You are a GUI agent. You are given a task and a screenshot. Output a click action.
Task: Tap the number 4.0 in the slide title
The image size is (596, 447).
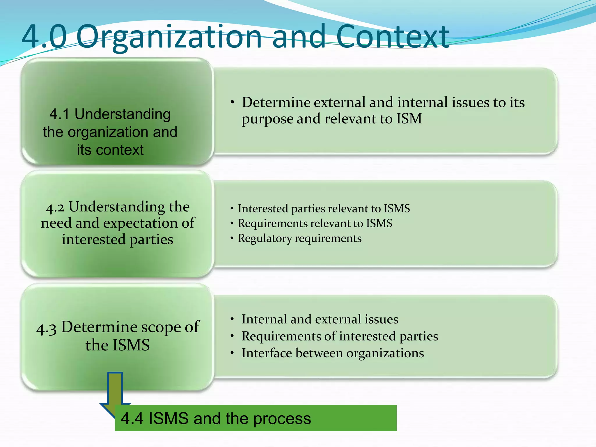click(44, 37)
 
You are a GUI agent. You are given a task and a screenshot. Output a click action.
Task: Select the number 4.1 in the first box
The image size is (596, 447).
click(59, 114)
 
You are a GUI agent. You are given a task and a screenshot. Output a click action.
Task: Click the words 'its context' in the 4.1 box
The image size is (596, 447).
click(110, 150)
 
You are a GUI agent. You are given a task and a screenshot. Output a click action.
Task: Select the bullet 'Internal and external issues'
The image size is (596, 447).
click(320, 319)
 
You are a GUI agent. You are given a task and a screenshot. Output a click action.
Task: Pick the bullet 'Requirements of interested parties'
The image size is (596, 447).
click(340, 336)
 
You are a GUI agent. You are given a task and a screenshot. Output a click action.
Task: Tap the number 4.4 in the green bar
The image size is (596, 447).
click(132, 418)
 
